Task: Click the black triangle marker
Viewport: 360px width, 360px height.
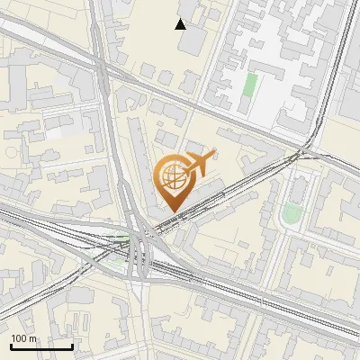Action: [x=181, y=23]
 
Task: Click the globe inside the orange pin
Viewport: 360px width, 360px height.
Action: [x=171, y=176]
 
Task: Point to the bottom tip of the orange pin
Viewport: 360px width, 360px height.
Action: [x=173, y=212]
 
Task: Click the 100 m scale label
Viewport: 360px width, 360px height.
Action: [x=24, y=338]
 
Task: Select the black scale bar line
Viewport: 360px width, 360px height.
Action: [x=41, y=347]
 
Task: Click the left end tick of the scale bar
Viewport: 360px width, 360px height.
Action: [x=11, y=346]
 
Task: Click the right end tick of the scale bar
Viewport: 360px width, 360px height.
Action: [x=72, y=346]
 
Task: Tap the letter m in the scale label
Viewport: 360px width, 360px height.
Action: [x=33, y=338]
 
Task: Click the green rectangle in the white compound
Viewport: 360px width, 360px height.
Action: [x=250, y=85]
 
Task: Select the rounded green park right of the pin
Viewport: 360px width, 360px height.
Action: [x=291, y=213]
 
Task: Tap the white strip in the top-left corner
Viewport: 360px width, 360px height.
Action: [x=27, y=36]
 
